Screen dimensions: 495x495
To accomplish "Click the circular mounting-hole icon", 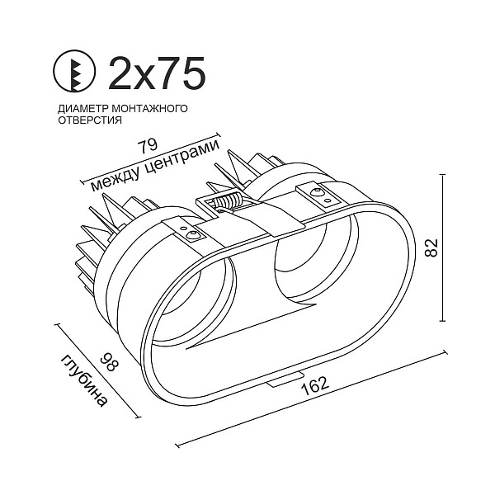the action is pos(74,72).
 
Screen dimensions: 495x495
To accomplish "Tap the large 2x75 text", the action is pos(157,73).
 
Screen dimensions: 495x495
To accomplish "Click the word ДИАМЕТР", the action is pos(82,109).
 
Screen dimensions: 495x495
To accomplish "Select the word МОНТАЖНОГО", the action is pos(149,108).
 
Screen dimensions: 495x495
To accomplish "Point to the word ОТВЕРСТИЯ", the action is pos(90,120).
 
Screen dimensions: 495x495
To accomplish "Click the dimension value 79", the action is pos(148,147).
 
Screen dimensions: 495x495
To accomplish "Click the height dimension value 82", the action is pos(431,247).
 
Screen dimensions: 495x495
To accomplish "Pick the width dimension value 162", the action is pos(315,386).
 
